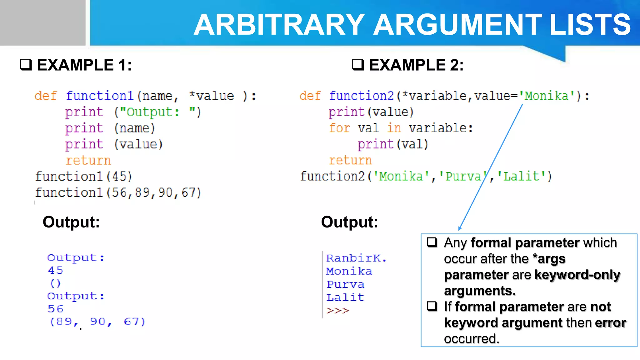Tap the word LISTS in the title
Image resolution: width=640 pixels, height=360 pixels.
tap(590, 25)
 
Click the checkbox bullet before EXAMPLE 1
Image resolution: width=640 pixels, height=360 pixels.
tap(26, 65)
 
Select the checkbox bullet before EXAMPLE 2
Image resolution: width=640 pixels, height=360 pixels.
tap(358, 65)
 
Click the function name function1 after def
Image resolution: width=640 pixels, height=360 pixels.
tap(100, 96)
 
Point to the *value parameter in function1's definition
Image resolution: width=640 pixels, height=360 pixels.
tap(212, 96)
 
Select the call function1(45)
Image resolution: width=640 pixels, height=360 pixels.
tap(83, 177)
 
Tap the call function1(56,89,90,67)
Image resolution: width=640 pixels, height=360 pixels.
tap(118, 193)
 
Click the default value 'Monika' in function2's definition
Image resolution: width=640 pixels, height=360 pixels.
tap(546, 96)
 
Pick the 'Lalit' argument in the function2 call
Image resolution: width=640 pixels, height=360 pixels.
tap(521, 177)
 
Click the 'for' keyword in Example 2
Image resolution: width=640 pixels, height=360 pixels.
tap(339, 128)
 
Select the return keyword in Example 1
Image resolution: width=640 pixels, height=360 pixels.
tap(88, 160)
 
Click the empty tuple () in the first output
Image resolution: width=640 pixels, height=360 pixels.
tap(55, 283)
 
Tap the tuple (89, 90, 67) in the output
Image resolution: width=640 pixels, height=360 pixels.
tap(97, 322)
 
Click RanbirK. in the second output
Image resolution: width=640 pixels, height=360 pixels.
tap(356, 258)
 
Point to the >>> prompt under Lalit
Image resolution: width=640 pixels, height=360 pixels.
tap(337, 311)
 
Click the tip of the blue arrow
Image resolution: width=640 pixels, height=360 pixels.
tap(459, 230)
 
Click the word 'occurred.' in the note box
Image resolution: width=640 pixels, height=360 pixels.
tap(472, 339)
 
